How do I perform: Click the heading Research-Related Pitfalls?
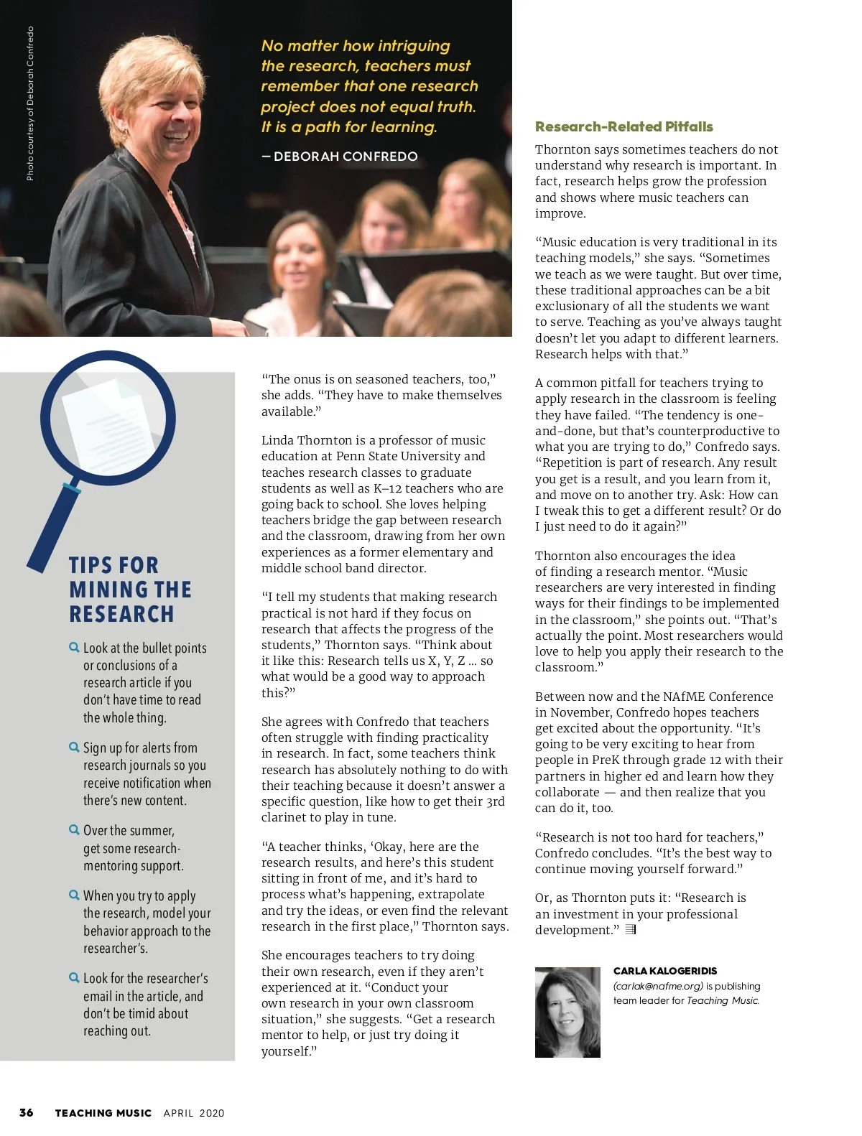624,127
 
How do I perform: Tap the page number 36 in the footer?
27,1112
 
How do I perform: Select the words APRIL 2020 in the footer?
194,1113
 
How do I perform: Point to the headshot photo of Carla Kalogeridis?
567,1012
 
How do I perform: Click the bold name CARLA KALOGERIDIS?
665,971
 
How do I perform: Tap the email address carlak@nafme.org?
658,986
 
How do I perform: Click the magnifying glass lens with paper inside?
108,418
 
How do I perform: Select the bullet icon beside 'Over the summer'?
74,830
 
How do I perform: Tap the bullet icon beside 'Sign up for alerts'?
74,748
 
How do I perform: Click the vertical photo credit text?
30,103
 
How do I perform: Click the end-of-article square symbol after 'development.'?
631,930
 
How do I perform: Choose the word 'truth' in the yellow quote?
455,107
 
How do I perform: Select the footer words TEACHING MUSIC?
103,1113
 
